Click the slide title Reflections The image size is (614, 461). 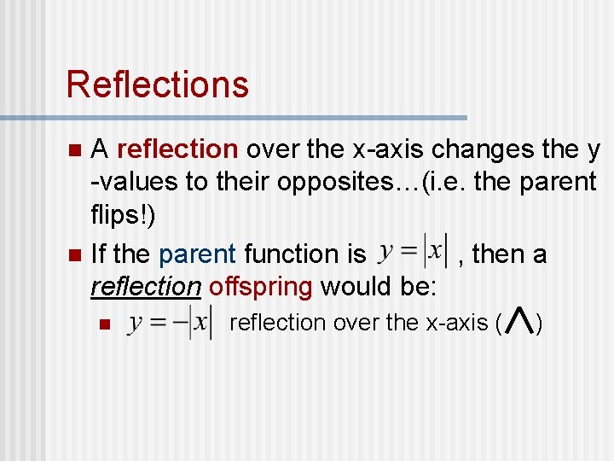tap(157, 85)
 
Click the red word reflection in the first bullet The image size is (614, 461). tap(177, 149)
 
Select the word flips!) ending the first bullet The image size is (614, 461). tap(123, 214)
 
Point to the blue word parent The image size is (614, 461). tap(197, 254)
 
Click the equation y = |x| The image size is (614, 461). tap(412, 252)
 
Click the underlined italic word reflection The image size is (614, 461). tap(145, 286)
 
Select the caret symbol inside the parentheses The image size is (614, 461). tap(519, 322)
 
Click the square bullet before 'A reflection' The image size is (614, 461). tap(74, 150)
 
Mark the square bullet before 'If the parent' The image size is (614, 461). tap(74, 254)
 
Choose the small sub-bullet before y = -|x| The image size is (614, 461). tap(103, 324)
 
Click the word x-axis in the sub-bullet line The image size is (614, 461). tap(452, 323)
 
